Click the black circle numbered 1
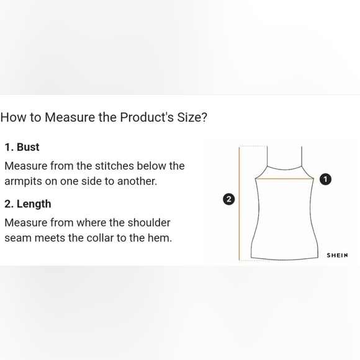click(325, 179)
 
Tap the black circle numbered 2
click(229, 199)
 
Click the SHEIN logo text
click(337, 255)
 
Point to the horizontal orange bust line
click(285, 179)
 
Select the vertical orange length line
click(240, 205)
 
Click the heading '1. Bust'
click(22, 147)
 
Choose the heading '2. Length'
click(28, 204)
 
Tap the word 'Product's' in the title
click(146, 117)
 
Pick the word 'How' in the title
click(12, 117)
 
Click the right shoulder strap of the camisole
click(302, 157)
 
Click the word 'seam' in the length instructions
click(18, 238)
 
